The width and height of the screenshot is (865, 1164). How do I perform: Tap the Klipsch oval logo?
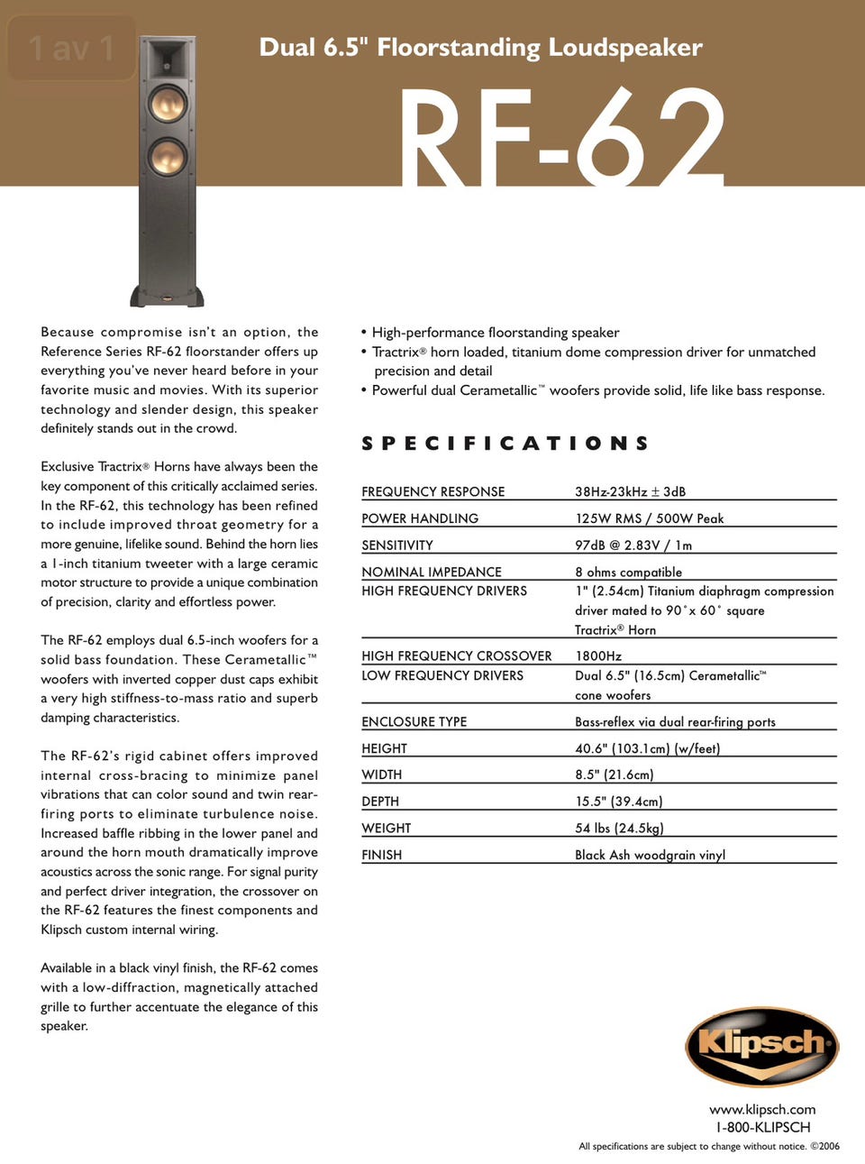(762, 1046)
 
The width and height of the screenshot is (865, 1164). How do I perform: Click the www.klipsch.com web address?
(762, 1109)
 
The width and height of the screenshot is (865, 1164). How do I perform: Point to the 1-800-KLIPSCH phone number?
(762, 1127)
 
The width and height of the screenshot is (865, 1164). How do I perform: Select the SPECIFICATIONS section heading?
(505, 444)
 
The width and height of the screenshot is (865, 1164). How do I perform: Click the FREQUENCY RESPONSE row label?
(432, 491)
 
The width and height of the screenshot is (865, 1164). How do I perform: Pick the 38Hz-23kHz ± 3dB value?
(630, 491)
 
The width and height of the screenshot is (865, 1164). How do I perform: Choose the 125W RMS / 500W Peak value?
(649, 518)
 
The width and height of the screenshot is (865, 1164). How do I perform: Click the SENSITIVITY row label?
(397, 545)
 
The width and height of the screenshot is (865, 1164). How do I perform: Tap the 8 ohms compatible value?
(628, 572)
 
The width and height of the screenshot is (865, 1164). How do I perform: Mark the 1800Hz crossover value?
(598, 655)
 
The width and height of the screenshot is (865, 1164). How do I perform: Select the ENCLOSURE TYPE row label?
(414, 721)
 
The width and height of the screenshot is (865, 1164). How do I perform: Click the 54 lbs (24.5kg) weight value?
(619, 828)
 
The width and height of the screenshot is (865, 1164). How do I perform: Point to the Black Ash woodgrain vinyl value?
(650, 855)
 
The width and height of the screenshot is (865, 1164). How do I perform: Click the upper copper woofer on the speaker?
(168, 104)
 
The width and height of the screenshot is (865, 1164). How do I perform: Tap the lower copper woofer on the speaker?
(168, 157)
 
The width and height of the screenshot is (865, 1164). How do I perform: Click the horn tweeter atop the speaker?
(168, 60)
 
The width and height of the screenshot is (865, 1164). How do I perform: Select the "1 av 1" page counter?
(71, 48)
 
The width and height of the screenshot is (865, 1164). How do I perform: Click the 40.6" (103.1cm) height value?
(647, 748)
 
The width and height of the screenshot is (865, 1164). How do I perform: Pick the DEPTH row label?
(380, 802)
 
